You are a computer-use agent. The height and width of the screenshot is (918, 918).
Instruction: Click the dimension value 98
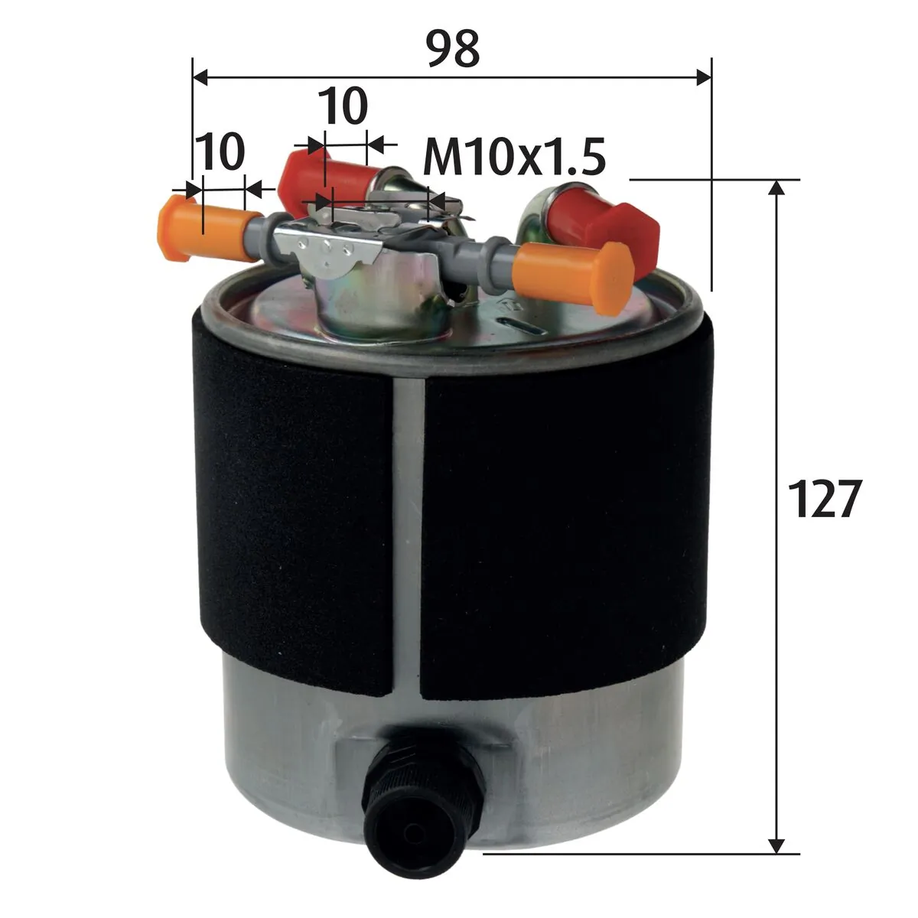452,49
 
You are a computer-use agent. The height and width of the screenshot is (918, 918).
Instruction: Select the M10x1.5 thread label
514,157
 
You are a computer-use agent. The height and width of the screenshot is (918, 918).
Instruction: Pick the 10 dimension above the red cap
343,106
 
